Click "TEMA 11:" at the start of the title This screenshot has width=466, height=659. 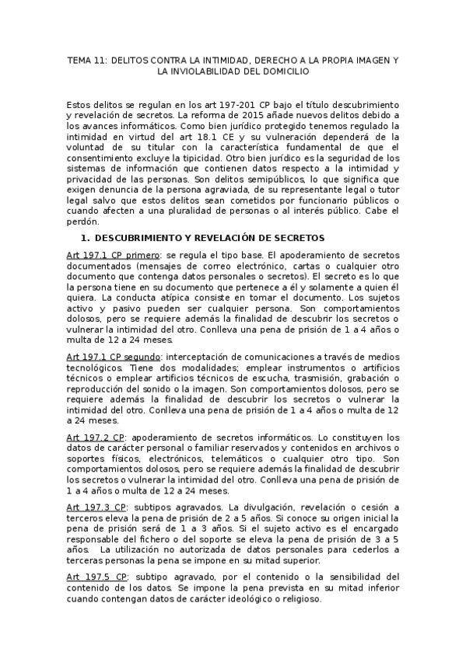point(86,60)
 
